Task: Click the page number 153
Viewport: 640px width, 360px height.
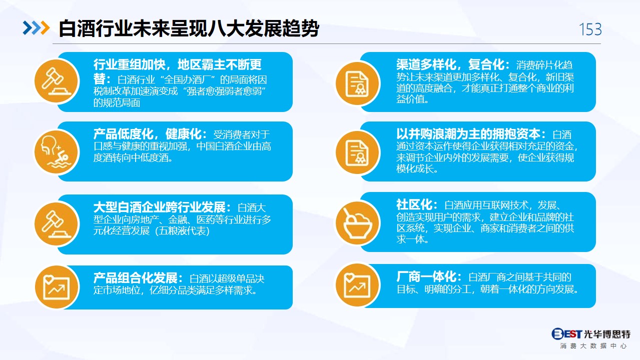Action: click(x=590, y=29)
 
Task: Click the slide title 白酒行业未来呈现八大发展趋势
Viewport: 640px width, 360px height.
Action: click(x=189, y=28)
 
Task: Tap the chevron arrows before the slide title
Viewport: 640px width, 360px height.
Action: click(x=36, y=28)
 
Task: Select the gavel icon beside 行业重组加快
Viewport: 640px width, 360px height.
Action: click(x=56, y=81)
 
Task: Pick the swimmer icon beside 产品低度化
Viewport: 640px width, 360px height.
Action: click(x=56, y=152)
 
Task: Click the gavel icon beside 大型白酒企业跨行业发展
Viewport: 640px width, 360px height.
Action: click(x=56, y=224)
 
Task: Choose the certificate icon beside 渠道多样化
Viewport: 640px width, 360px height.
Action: click(x=357, y=83)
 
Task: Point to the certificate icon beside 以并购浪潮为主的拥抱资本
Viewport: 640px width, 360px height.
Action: click(x=357, y=152)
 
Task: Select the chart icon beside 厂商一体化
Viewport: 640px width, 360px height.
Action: click(x=357, y=285)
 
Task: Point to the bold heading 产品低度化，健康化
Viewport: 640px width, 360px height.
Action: click(x=150, y=133)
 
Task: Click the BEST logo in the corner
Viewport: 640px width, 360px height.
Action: click(x=566, y=333)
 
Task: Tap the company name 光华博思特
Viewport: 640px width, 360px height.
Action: click(x=607, y=334)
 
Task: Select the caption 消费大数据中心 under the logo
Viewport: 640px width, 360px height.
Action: click(x=593, y=346)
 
